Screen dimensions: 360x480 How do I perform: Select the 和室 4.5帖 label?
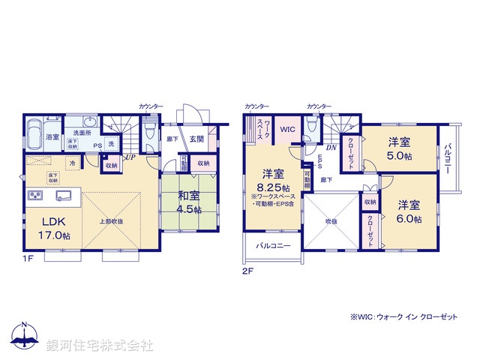point(186,203)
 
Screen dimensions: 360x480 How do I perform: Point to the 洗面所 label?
point(82,133)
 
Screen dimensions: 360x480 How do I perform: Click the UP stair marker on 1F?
point(130,157)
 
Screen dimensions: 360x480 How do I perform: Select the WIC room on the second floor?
point(289,130)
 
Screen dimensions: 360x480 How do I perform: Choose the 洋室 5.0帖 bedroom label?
point(398,149)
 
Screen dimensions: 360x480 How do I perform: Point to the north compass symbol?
point(25,335)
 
